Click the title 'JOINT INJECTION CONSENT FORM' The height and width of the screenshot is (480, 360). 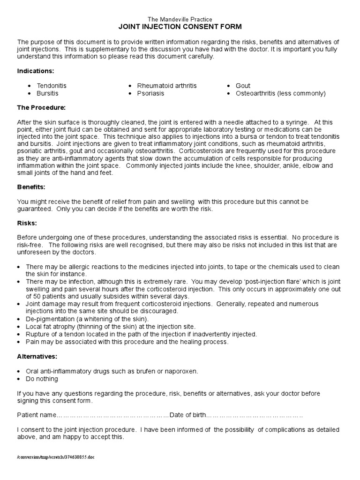(x=180, y=27)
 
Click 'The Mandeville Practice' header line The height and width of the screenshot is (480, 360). (x=180, y=19)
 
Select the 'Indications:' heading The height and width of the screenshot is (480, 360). (x=36, y=71)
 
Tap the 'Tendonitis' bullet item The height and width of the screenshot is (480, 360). (x=52, y=86)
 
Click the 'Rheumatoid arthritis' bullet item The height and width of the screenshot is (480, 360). (x=167, y=86)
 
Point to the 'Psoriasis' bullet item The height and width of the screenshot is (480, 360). (x=151, y=93)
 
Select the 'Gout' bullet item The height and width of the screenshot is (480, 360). (x=243, y=86)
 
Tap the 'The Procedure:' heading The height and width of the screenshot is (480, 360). (x=41, y=107)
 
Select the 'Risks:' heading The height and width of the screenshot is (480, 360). (x=27, y=223)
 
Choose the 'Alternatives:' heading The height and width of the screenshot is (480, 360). (x=37, y=356)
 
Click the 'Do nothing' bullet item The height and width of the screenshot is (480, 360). (x=42, y=378)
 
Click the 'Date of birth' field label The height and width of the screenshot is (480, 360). (x=187, y=415)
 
